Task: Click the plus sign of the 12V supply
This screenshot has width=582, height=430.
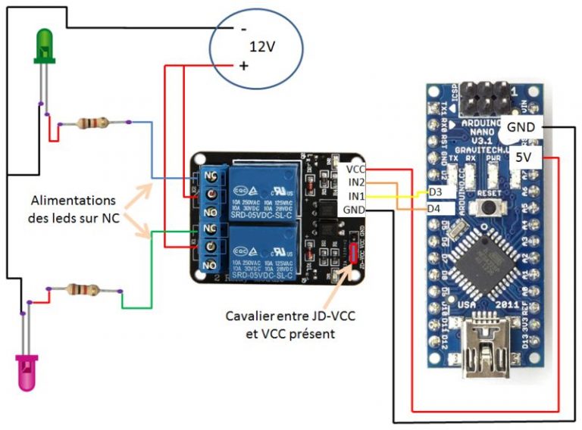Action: click(244, 66)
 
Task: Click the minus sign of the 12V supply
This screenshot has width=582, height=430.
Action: click(243, 29)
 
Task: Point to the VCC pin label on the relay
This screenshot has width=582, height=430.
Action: click(355, 170)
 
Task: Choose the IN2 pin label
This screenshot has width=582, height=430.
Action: click(355, 182)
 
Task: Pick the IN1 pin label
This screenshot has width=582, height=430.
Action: click(355, 196)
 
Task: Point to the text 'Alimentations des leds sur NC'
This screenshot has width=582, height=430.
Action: click(73, 210)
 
